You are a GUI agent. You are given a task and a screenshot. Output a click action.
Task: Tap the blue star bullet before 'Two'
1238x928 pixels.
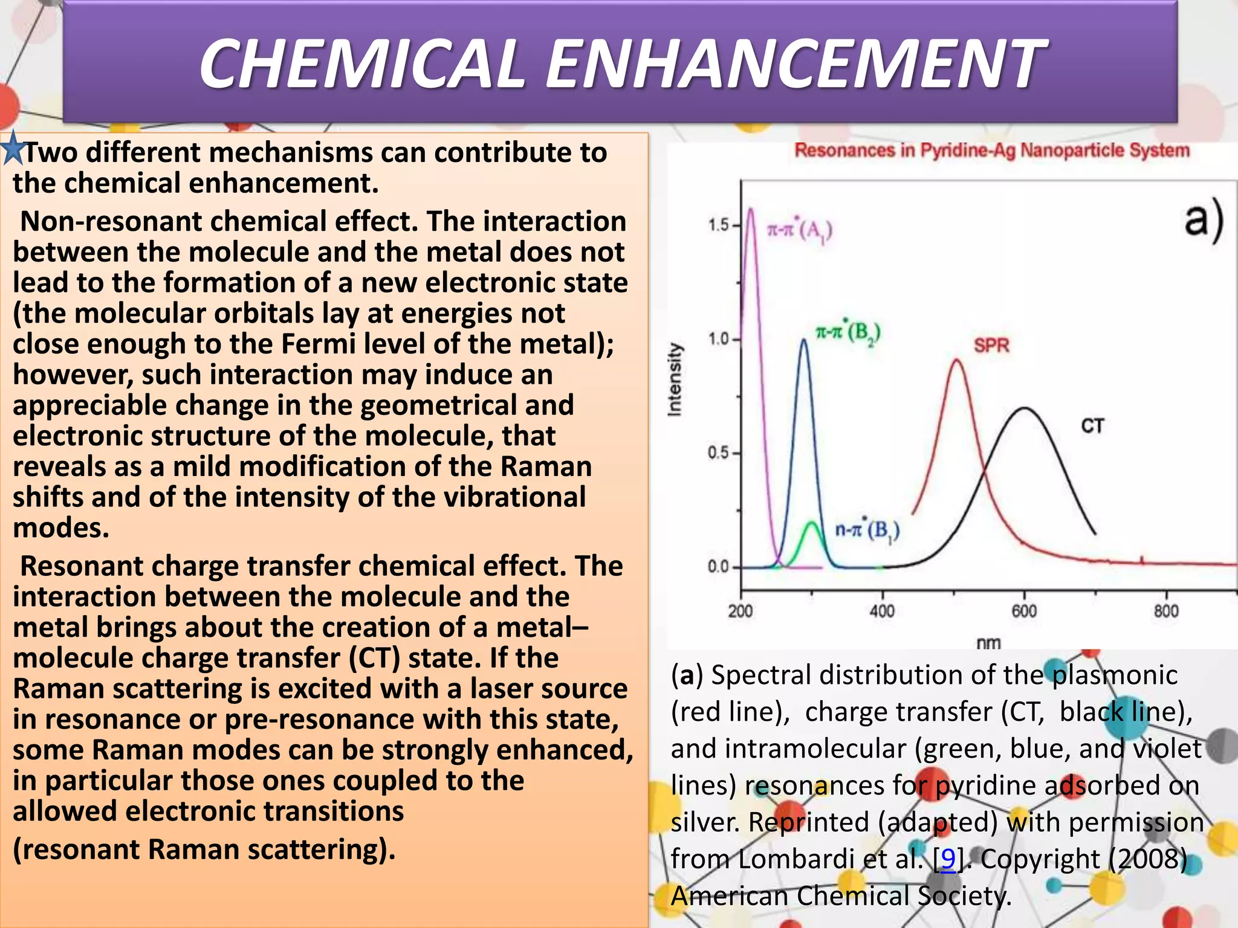click(x=13, y=149)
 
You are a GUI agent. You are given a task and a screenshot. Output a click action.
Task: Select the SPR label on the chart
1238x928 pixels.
click(x=991, y=346)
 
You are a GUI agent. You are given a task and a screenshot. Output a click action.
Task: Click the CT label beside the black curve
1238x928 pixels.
click(x=1092, y=426)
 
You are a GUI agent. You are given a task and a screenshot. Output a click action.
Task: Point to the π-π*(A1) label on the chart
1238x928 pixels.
click(x=799, y=230)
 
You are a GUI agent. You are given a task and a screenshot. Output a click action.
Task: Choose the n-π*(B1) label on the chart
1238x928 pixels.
click(x=867, y=530)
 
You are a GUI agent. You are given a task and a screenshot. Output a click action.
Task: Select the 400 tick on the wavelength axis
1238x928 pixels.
click(x=882, y=611)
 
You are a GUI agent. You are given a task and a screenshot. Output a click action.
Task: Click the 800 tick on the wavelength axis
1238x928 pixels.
click(x=1166, y=611)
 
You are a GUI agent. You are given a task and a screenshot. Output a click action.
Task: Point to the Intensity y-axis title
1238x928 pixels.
click(x=675, y=379)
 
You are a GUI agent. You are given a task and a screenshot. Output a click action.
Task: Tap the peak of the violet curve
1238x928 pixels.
click(x=751, y=210)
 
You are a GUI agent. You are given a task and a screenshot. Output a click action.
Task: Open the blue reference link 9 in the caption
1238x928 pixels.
click(x=948, y=859)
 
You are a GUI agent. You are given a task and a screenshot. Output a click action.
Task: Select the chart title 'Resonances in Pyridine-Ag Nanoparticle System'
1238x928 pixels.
click(x=991, y=150)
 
